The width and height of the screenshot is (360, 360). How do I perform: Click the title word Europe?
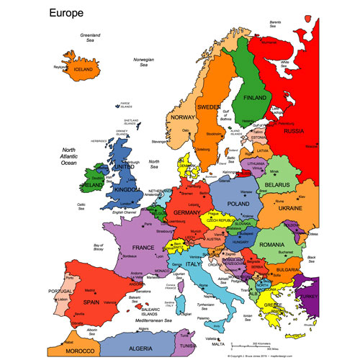tap(66, 13)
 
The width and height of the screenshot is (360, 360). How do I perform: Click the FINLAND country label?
tap(255, 98)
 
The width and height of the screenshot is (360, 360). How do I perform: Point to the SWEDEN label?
tap(209, 107)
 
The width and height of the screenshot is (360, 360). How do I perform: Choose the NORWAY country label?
tap(184, 118)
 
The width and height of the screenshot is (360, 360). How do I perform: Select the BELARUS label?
tap(277, 184)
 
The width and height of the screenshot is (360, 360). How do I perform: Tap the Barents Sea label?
tap(275, 24)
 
